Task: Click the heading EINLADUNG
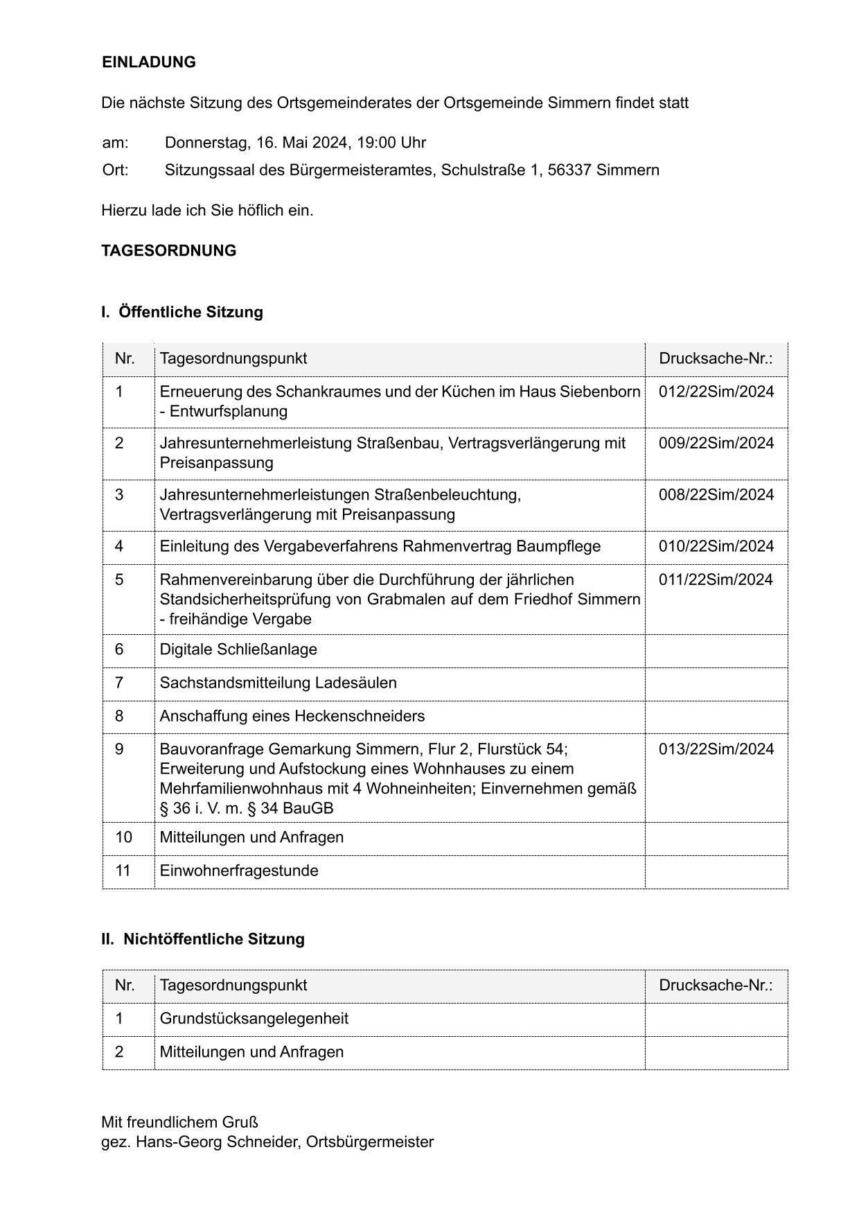(148, 62)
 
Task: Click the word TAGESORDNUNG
(168, 251)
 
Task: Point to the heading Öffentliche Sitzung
(191, 312)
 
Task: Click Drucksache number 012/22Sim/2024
(716, 392)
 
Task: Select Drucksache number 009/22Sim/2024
(716, 443)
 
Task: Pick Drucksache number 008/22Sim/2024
(716, 495)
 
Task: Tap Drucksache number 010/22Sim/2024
(716, 546)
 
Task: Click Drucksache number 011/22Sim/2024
(716, 579)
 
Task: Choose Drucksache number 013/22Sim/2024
(716, 749)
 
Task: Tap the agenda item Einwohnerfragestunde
(239, 871)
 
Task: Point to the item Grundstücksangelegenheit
(254, 1019)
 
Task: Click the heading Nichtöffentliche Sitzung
(213, 939)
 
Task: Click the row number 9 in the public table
(120, 749)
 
